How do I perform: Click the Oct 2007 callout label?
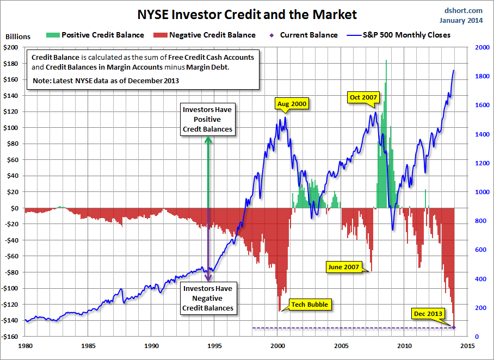(363, 97)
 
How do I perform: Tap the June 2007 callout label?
(344, 267)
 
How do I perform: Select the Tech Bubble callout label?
(310, 305)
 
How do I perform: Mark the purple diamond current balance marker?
(454, 327)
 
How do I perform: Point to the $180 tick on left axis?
(11, 64)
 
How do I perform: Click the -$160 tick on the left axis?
(10, 336)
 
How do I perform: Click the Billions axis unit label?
(18, 37)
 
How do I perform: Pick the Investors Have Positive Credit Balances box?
(207, 119)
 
